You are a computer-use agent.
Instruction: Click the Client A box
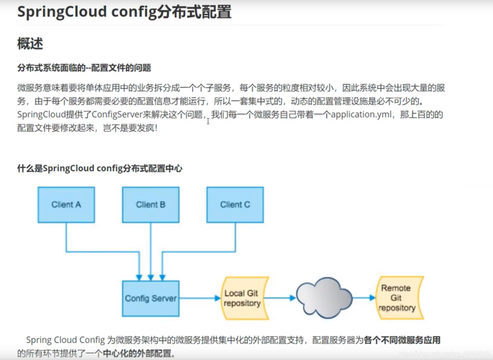click(x=66, y=204)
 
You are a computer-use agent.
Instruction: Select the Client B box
click(x=150, y=204)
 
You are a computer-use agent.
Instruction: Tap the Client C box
click(x=235, y=204)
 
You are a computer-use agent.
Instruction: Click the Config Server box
click(x=150, y=298)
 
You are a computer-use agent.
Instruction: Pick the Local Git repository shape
click(x=243, y=298)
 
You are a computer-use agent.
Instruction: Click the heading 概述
click(x=30, y=44)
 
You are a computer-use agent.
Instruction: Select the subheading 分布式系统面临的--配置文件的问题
click(x=84, y=68)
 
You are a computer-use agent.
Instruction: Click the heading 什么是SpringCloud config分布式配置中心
click(x=99, y=168)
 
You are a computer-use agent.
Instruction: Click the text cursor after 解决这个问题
click(x=208, y=120)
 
